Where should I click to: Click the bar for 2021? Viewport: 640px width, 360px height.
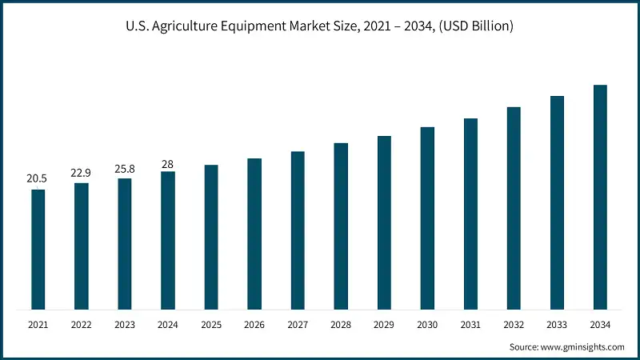coord(38,249)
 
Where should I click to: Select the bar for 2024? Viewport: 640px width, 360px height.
coord(167,240)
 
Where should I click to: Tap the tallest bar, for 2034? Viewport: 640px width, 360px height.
coord(600,197)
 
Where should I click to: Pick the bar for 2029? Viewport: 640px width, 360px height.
coord(384,222)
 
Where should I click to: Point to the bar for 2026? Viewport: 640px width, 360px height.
coord(254,234)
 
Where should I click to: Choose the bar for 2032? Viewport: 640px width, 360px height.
coord(514,208)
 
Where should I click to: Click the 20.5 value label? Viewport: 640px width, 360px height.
coord(37,178)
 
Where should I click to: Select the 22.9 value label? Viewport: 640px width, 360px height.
coord(81,172)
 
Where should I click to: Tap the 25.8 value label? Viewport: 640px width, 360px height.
coord(124,168)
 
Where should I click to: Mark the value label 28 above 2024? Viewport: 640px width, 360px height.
coord(167,164)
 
